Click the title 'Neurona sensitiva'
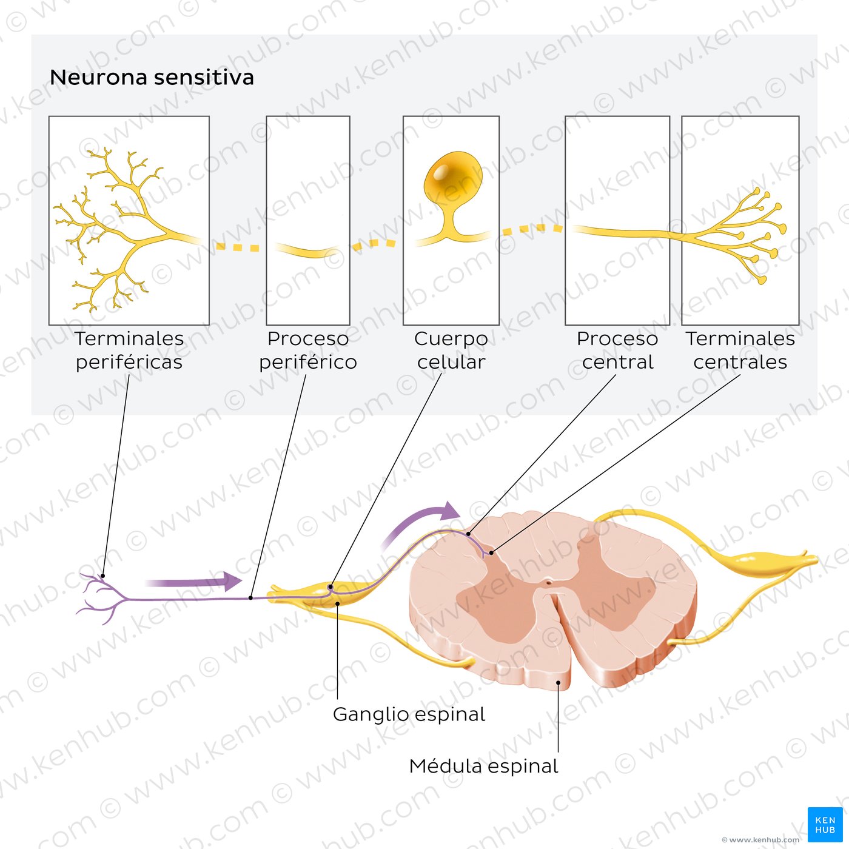152,78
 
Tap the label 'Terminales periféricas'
129,350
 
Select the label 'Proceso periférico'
308,350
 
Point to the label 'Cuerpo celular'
451,350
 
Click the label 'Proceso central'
617,350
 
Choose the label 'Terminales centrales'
740,350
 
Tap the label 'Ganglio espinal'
409,714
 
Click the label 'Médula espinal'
483,766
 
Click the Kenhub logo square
825,825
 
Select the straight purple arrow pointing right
194,582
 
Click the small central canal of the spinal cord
548,583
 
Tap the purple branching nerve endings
100,597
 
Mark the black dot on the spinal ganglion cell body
331,587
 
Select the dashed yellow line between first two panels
238,247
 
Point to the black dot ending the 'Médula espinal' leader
558,683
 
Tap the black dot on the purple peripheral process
251,598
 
